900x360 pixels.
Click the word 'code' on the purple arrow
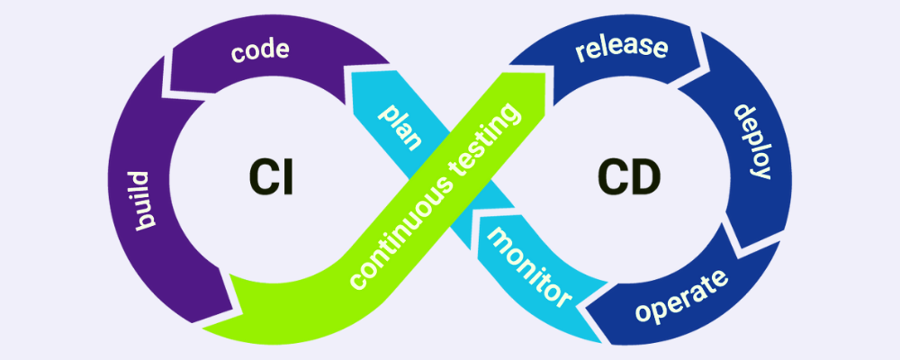click(x=259, y=50)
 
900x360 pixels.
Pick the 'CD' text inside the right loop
click(x=627, y=175)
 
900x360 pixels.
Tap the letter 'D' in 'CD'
click(x=643, y=175)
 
